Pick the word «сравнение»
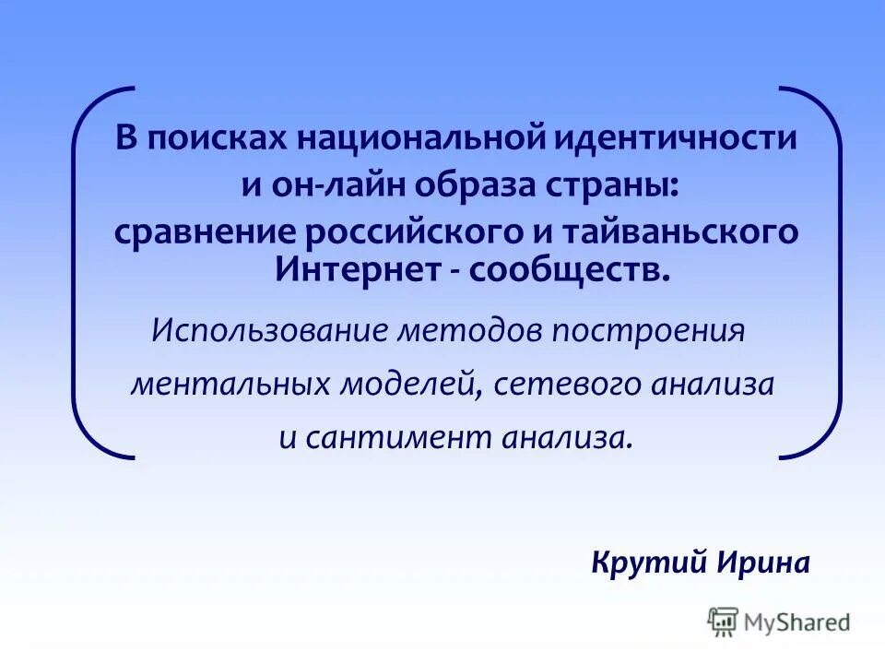click(x=203, y=232)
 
